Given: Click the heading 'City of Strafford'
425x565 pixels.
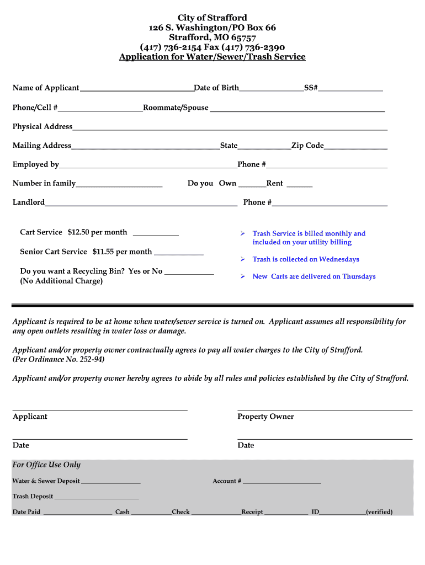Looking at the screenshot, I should click(212, 18).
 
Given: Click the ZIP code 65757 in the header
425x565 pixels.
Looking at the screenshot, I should click(243, 38).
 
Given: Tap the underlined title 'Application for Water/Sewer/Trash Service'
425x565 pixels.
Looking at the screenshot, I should click(212, 57).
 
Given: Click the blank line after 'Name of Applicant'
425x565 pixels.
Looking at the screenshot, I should click(136, 89).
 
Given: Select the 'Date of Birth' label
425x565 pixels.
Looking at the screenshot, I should click(216, 88).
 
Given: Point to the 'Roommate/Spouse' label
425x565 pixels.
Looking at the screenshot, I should click(176, 108).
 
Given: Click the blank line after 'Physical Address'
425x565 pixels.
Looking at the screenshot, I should click(230, 129).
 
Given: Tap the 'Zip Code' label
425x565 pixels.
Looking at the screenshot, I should click(307, 146).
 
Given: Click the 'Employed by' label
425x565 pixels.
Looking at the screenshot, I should click(36, 164).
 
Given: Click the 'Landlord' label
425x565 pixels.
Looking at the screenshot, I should click(29, 202).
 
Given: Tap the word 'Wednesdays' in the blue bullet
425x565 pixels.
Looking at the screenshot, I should click(339, 259).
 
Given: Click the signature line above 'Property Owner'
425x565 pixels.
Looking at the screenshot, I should click(325, 409).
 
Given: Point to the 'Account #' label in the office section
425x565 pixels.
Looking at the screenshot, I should click(227, 481).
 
